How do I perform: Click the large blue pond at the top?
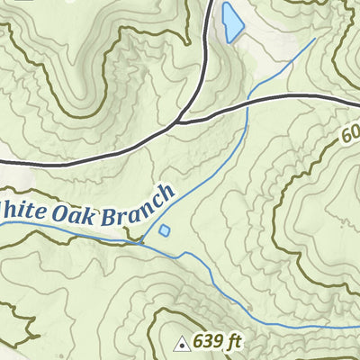[232, 22]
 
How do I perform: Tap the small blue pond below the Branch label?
[165, 230]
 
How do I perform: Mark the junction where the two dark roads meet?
[180, 119]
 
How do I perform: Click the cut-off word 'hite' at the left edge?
[18, 211]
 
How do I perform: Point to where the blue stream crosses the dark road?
[246, 101]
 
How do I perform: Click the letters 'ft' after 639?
[236, 341]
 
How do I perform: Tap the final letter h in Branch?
[166, 192]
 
